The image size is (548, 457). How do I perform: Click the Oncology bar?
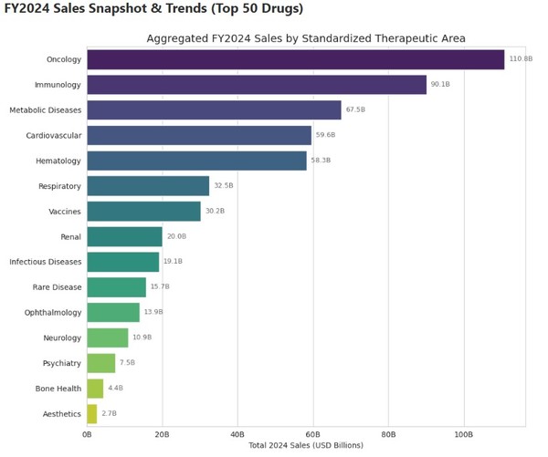click(295, 60)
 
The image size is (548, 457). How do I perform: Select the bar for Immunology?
click(257, 85)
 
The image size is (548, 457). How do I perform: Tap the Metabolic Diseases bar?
click(214, 110)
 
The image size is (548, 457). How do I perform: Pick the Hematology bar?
click(196, 161)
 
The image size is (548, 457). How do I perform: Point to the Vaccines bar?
click(143, 212)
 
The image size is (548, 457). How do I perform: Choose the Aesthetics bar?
click(92, 413)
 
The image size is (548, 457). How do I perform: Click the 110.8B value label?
click(520, 59)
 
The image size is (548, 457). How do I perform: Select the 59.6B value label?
click(325, 135)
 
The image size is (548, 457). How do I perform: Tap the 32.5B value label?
click(224, 186)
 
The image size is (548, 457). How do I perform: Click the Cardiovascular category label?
click(53, 136)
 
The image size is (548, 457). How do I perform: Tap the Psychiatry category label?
click(61, 363)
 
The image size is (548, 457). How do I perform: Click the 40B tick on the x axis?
click(237, 434)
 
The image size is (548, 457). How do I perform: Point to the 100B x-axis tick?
click(463, 434)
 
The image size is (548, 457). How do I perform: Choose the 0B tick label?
click(88, 434)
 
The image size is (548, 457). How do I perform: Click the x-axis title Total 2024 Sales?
click(305, 446)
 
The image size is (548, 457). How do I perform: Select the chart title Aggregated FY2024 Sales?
click(306, 38)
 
